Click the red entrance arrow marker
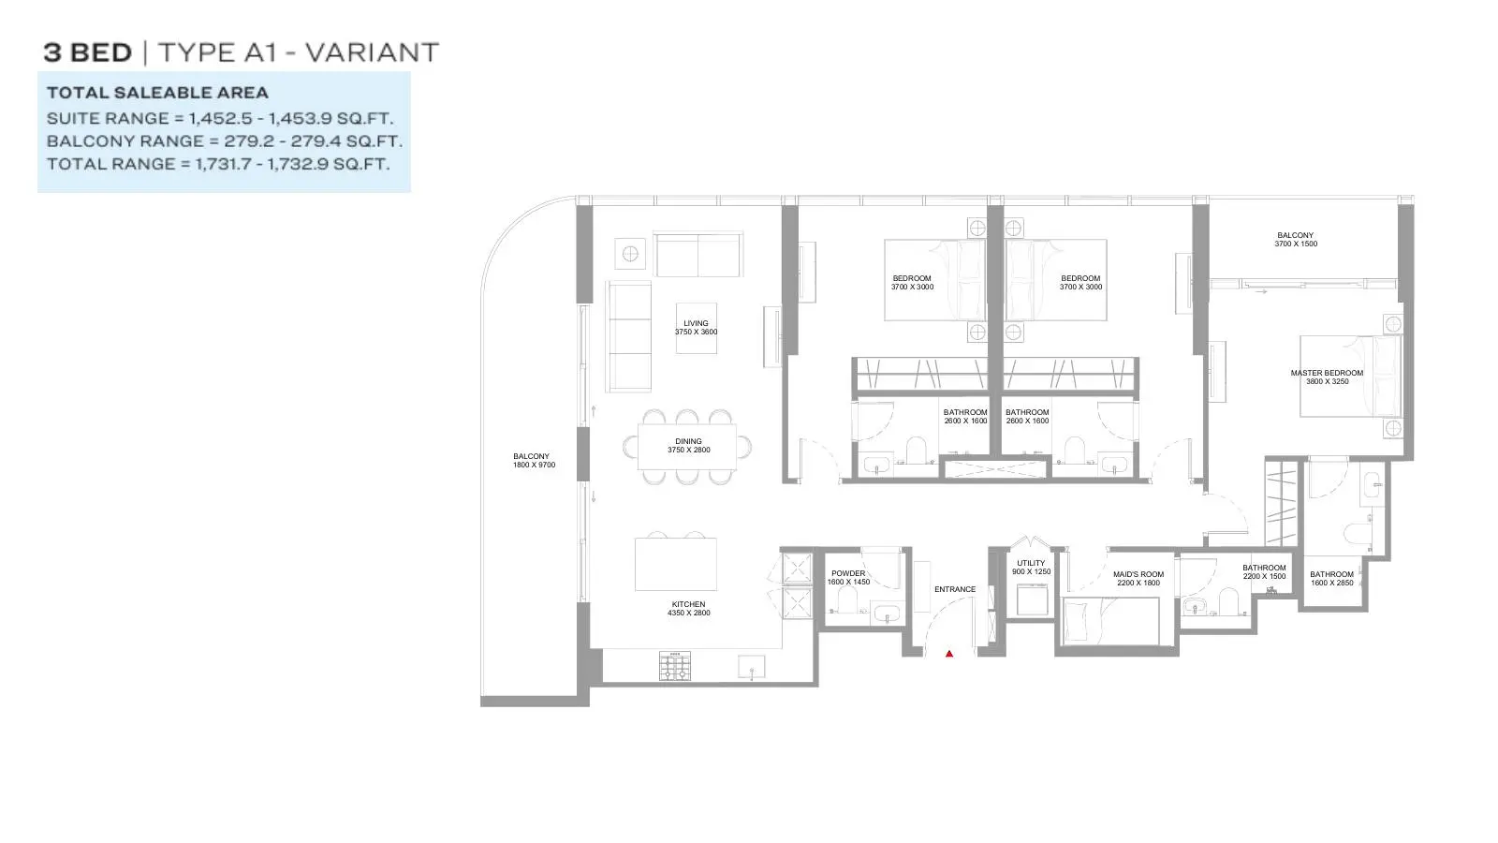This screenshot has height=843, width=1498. (x=949, y=654)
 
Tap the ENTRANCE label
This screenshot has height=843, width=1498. (x=955, y=589)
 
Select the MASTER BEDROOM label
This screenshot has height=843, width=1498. (x=1327, y=373)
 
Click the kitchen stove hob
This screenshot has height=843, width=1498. (x=675, y=666)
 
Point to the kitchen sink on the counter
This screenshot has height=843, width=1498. (x=752, y=667)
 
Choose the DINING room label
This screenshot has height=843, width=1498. (x=689, y=441)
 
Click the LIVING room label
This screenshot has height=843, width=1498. (x=697, y=323)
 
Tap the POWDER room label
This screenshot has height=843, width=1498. (x=848, y=573)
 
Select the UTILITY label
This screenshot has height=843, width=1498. (x=1031, y=563)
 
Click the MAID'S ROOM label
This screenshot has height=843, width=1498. (x=1138, y=574)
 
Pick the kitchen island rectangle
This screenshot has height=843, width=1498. (x=675, y=564)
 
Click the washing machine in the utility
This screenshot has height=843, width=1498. (x=1033, y=599)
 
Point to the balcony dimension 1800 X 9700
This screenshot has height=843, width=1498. (x=535, y=465)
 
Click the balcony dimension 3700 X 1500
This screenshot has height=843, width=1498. (x=1296, y=244)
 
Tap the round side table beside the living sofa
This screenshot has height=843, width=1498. (x=630, y=254)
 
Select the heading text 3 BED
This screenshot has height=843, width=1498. (x=88, y=52)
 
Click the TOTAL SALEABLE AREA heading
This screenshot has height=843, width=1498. (x=158, y=93)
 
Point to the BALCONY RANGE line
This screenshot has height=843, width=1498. (x=225, y=141)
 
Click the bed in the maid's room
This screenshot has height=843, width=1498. (x=1110, y=622)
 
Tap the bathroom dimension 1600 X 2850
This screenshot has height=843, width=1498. (x=1332, y=583)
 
